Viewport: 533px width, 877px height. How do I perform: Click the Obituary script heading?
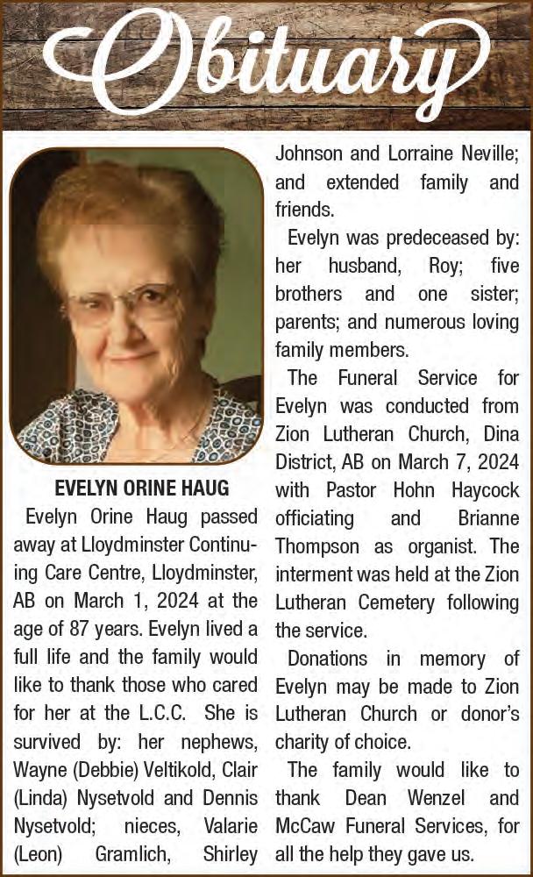[266, 63]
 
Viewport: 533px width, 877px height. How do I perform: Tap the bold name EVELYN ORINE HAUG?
[142, 488]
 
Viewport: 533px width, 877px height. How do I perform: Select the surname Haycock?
[481, 490]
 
